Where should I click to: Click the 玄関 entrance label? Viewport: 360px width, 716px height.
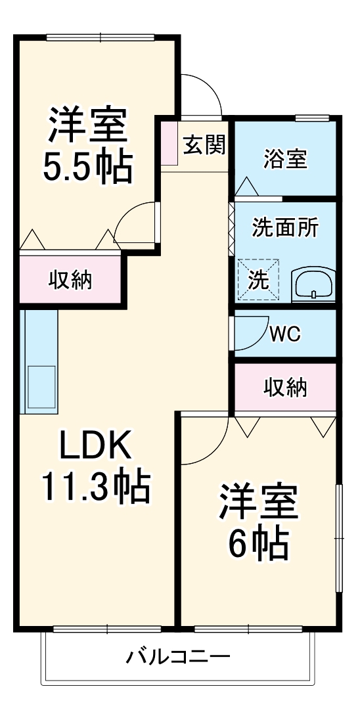click(x=204, y=145)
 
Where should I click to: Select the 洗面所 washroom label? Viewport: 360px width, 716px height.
click(x=285, y=227)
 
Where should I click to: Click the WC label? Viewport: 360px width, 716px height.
click(x=284, y=334)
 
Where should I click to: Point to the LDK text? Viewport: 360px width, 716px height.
click(x=97, y=447)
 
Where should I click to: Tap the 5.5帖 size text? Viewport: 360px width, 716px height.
click(x=87, y=168)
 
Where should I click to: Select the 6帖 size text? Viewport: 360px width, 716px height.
click(x=258, y=541)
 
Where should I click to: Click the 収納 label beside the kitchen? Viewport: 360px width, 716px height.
click(x=70, y=280)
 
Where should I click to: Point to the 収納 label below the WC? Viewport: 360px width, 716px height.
click(x=285, y=388)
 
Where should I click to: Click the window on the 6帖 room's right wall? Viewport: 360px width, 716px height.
click(x=338, y=539)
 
